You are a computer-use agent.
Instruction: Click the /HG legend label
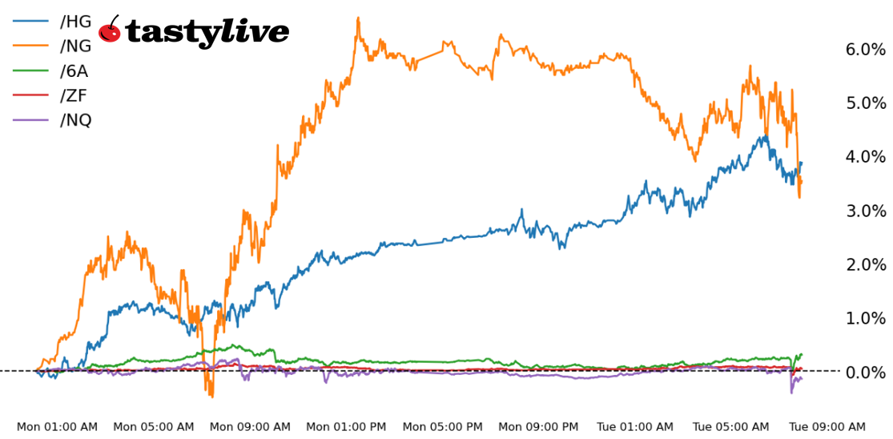point(75,21)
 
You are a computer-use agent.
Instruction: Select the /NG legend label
point(75,46)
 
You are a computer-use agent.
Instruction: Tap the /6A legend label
point(74,70)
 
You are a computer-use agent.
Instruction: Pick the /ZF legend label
point(74,95)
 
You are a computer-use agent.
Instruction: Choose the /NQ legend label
point(75,120)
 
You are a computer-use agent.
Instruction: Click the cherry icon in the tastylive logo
point(110,31)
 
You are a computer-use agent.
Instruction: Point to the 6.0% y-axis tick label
point(865,50)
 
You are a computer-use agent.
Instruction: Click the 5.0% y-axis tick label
point(865,103)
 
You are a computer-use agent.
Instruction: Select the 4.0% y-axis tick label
point(865,157)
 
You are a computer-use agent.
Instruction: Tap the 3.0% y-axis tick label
point(865,211)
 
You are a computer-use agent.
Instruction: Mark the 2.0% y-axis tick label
point(865,264)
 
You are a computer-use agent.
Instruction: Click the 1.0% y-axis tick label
point(865,318)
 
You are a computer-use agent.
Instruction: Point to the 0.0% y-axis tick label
point(865,373)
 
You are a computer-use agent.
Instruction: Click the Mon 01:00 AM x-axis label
point(57,427)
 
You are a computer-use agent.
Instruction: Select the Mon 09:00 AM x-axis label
point(250,427)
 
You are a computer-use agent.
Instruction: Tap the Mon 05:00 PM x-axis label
point(443,427)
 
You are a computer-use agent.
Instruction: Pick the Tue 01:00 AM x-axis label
point(636,427)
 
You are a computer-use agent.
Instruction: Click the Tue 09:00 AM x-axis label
point(828,427)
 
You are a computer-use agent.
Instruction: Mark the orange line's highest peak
point(358,18)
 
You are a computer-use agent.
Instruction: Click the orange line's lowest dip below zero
point(211,396)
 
